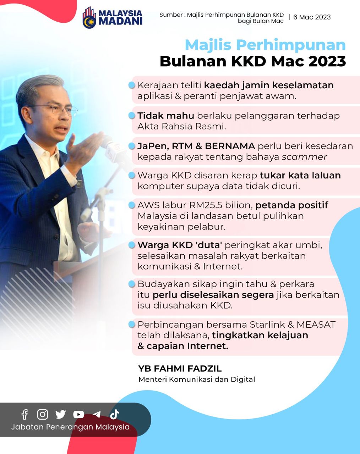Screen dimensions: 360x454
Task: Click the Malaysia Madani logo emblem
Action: [90, 18]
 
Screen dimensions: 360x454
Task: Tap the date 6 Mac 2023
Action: [312, 17]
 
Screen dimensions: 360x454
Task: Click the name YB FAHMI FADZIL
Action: [180, 369]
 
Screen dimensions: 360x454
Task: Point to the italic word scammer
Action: [304, 157]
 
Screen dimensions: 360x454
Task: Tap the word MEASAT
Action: [316, 325]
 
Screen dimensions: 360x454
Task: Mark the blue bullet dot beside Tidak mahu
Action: [132, 115]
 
